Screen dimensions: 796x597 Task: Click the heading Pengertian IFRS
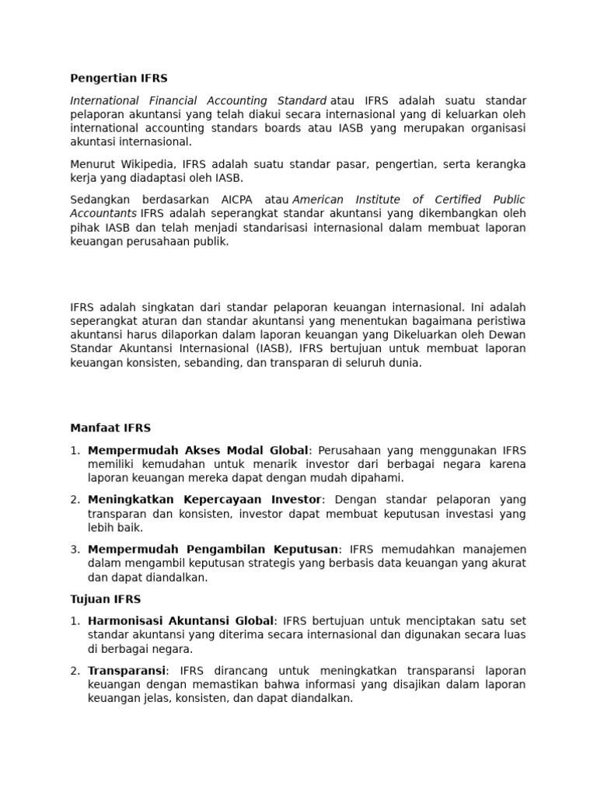(x=118, y=79)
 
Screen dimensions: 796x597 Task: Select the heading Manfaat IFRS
(x=110, y=428)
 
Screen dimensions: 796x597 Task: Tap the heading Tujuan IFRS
(x=105, y=599)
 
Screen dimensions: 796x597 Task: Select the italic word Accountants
(x=103, y=213)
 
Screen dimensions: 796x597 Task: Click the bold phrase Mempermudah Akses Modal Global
(x=198, y=450)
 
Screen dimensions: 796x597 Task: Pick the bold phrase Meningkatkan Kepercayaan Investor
(x=204, y=500)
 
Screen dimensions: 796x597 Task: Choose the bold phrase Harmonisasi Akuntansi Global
(x=181, y=621)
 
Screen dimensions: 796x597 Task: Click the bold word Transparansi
(x=127, y=671)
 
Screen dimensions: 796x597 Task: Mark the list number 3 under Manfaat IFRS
(x=75, y=550)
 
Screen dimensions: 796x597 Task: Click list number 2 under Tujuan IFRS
(x=75, y=671)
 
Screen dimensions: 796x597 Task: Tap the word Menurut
(x=93, y=164)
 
